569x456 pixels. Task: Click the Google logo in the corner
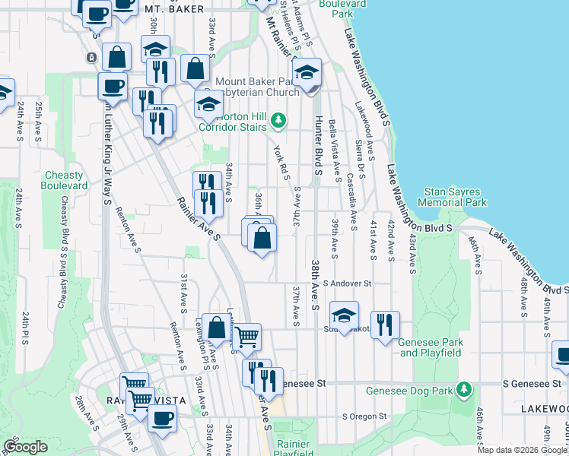point(25,447)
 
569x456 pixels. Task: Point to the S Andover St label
point(347,283)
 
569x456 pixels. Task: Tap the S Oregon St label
point(364,416)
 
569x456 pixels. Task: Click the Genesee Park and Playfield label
point(431,347)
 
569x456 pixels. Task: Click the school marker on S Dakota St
point(344,314)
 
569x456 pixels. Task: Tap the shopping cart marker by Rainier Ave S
point(246,336)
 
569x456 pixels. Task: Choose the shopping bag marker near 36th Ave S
point(262,239)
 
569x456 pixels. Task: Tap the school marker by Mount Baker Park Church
point(307,73)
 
